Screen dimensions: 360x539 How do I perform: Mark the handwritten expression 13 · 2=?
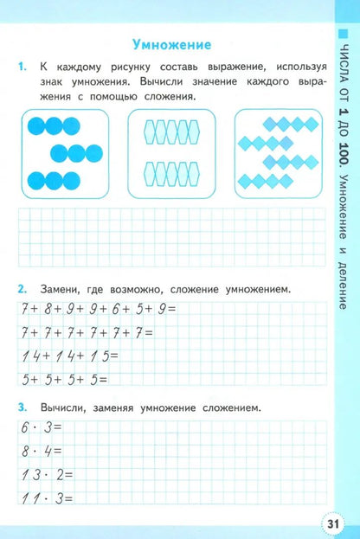(44, 474)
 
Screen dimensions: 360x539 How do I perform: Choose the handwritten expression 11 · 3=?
(43, 498)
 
